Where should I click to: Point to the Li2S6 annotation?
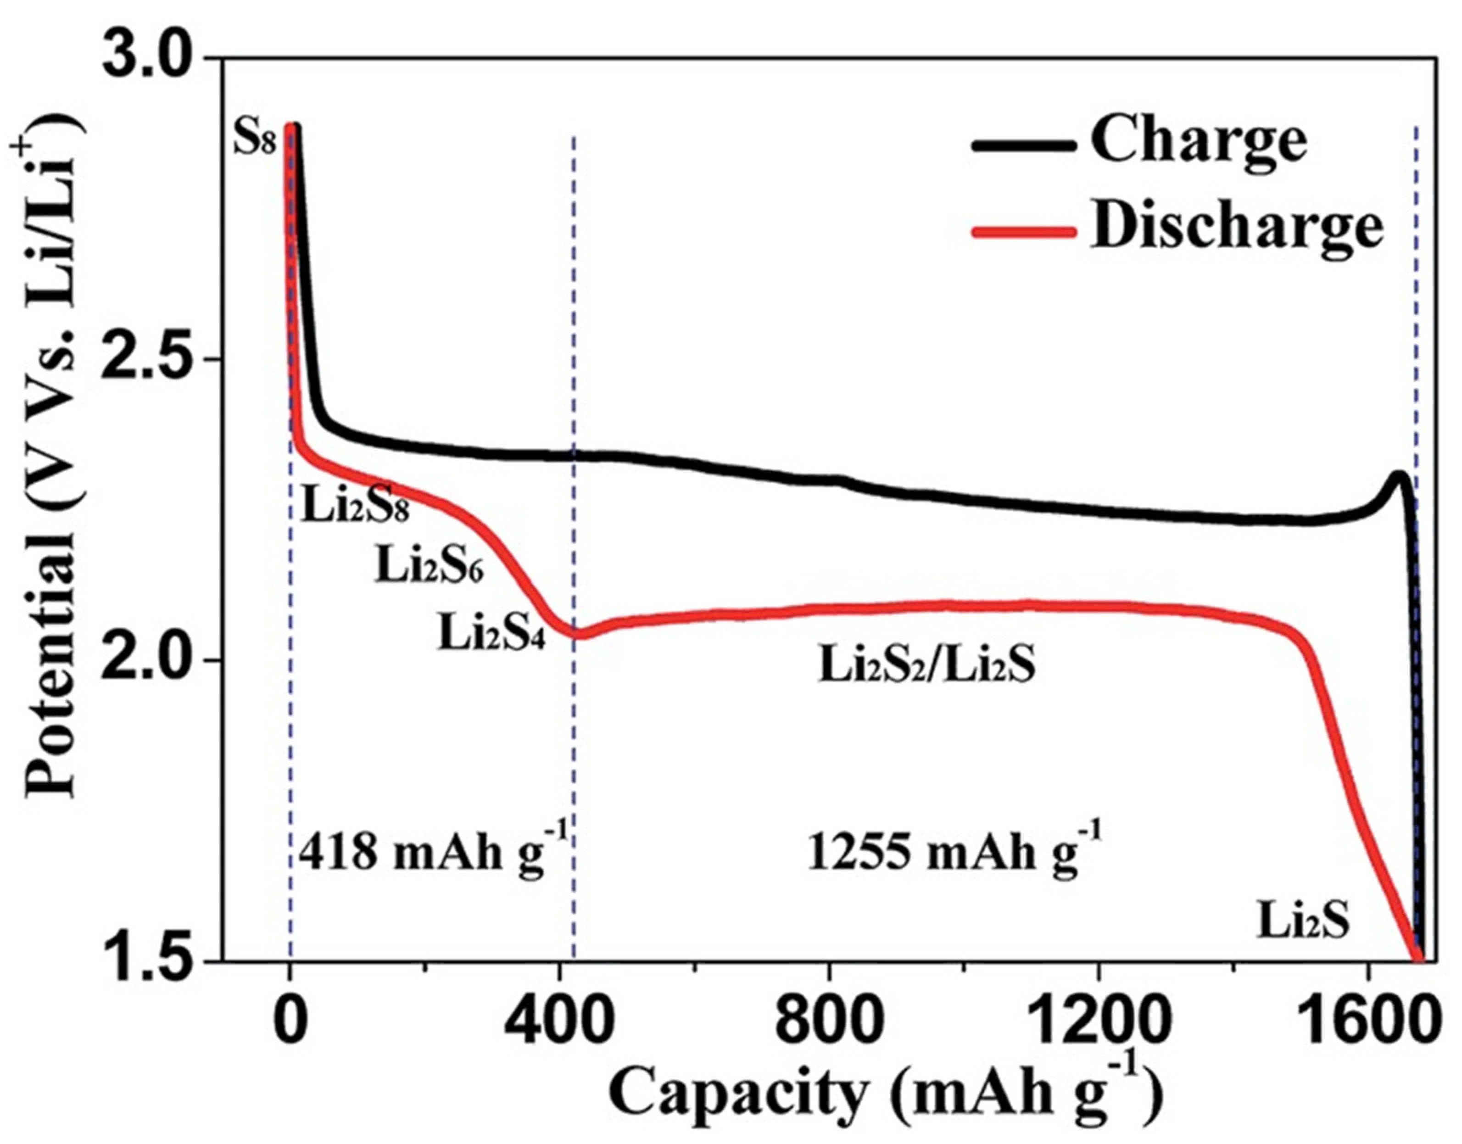(429, 567)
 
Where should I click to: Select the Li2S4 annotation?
(491, 633)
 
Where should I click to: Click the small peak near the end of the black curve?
(1398, 476)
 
